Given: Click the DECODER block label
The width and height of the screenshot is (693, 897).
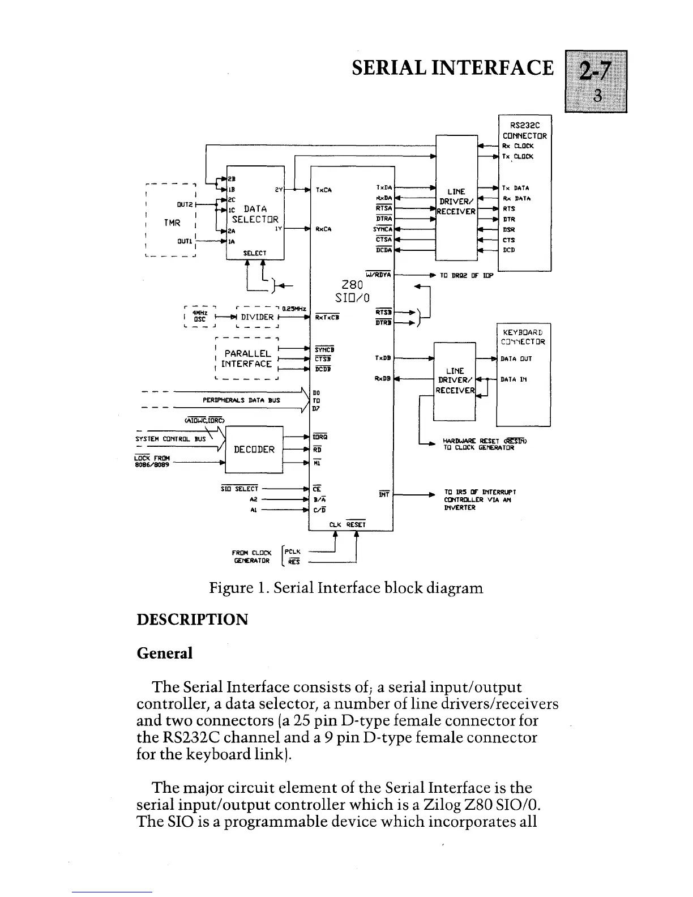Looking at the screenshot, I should tap(254, 450).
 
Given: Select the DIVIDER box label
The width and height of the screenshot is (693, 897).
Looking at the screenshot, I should tap(258, 317).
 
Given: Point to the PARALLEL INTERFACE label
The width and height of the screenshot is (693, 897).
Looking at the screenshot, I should tap(247, 358).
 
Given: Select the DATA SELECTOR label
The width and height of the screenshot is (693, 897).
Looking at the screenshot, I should tap(255, 214).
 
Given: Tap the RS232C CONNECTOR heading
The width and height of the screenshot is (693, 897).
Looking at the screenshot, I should tap(524, 131).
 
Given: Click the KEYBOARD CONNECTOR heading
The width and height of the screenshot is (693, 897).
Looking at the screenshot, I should tap(523, 337).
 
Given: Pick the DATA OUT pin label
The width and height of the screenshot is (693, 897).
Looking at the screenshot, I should tap(516, 358).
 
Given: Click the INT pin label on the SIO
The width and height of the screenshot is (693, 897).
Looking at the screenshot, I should tap(383, 495).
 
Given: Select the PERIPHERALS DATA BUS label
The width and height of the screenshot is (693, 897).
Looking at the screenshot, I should tap(241, 400).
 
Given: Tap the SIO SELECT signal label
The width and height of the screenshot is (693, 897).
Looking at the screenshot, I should tap(239, 489).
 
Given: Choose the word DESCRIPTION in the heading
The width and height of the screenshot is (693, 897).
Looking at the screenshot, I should tap(192, 619).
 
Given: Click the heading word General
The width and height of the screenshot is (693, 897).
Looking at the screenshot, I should tap(165, 653).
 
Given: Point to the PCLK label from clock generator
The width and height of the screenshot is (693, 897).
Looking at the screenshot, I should tap(293, 552).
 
